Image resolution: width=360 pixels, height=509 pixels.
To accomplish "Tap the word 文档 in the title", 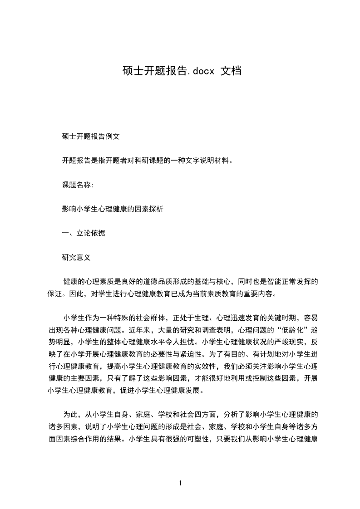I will coord(231,71).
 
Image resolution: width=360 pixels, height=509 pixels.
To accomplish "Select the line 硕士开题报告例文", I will coord(90,136).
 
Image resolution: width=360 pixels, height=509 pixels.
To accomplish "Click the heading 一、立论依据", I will coord(83,233).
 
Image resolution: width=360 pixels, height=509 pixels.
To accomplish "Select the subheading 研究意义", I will coord(76,258).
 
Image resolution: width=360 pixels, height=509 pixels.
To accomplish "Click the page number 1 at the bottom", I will coord(180,483).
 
